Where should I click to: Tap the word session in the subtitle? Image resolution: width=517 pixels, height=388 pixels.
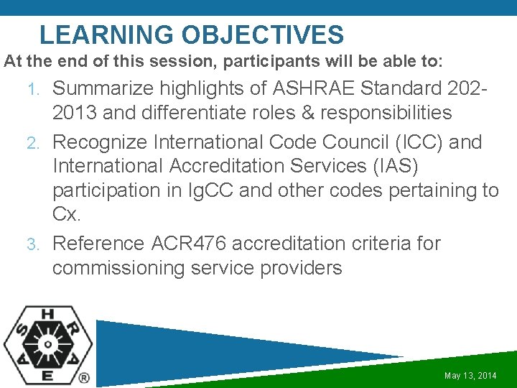point(187,62)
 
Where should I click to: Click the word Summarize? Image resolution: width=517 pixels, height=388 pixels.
point(103,88)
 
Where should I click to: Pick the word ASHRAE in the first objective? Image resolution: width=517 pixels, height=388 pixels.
point(315,88)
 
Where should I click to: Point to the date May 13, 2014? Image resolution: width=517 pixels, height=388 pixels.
point(470,376)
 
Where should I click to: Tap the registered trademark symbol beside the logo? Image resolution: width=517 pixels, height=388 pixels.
point(84,377)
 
